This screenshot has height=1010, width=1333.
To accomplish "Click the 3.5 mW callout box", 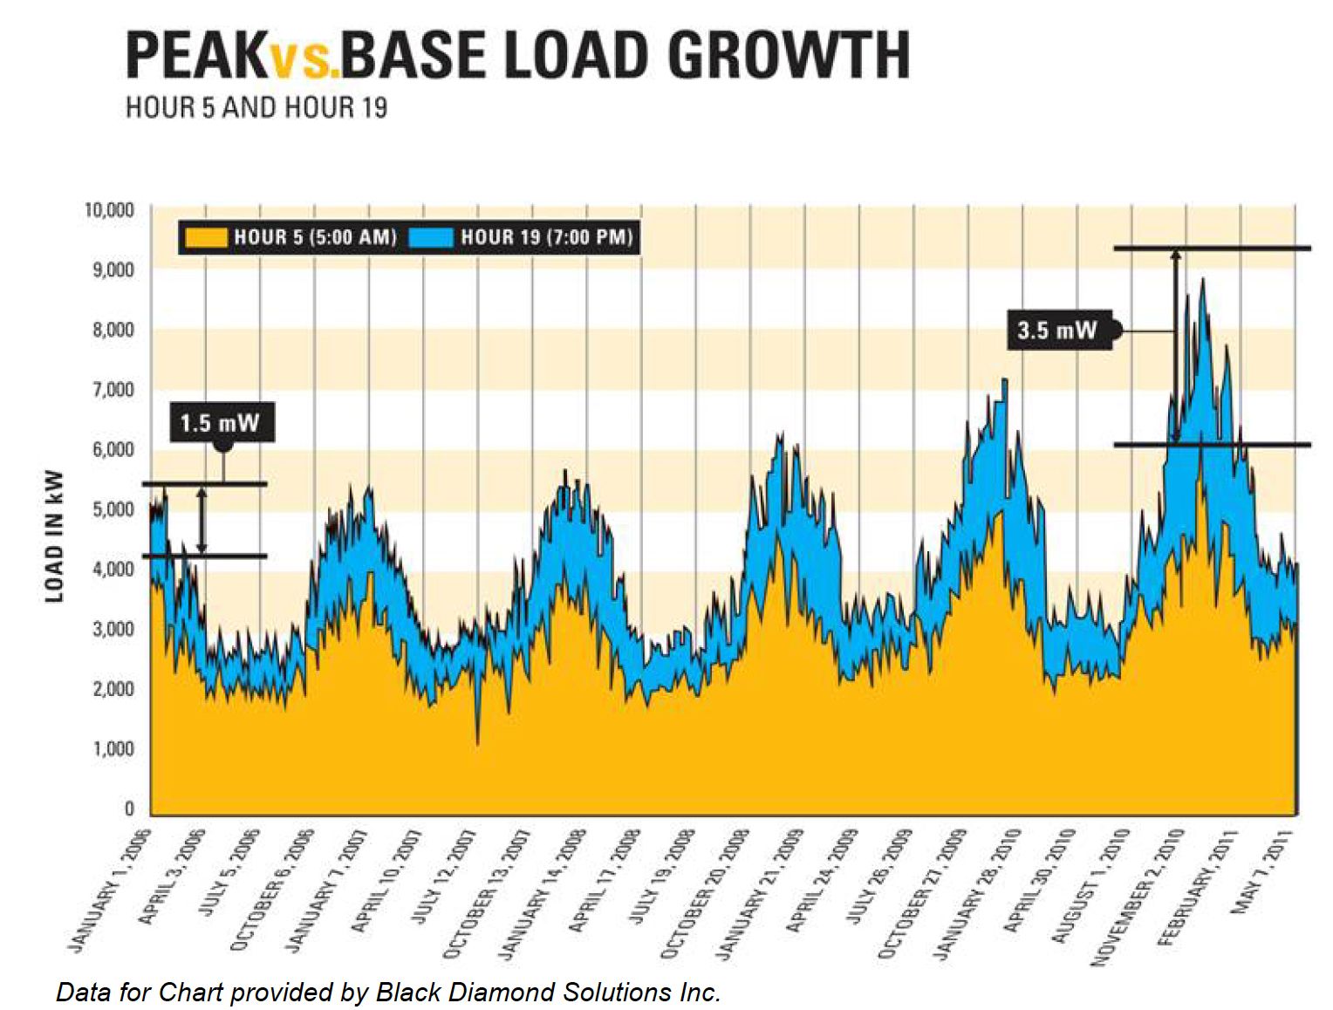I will click(x=1057, y=330).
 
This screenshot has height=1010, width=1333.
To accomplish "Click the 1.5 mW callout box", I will click(x=220, y=423).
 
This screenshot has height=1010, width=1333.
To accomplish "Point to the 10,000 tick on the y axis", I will click(x=109, y=210).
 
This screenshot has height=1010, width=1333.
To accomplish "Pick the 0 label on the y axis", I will click(x=128, y=809).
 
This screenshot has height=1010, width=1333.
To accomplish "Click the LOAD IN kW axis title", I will click(x=55, y=536).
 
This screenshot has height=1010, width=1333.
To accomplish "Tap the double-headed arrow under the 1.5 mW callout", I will click(x=202, y=520).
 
